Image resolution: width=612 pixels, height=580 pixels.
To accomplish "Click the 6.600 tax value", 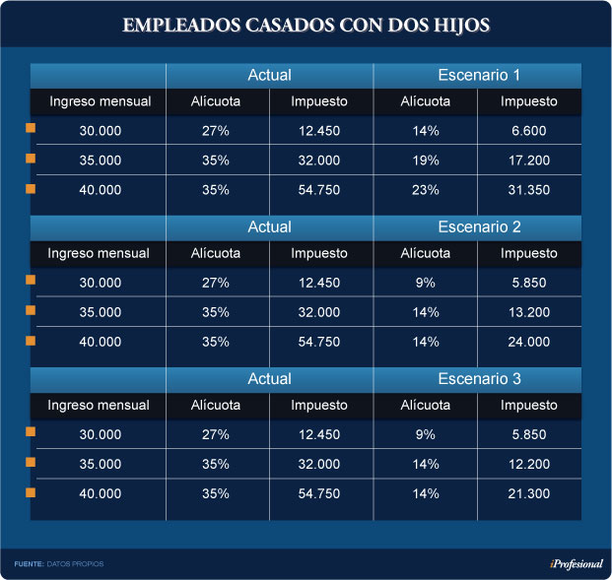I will tap(529, 131).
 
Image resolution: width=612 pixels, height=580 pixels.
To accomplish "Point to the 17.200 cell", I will tap(529, 161).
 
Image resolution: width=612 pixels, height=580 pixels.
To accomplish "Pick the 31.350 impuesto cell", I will tap(529, 190).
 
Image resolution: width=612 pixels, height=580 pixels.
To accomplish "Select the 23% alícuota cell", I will tap(426, 190).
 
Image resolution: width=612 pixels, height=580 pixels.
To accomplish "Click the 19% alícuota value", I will tap(426, 161).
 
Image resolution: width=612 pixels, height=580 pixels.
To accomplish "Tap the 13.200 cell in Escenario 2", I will tap(529, 312).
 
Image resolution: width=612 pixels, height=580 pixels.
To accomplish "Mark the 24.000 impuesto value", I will tap(529, 342).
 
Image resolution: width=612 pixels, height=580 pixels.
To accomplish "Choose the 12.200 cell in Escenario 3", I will tap(529, 464).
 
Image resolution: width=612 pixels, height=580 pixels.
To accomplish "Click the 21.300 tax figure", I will tap(529, 493).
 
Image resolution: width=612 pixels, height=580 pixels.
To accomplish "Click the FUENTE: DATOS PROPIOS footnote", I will tap(58, 563).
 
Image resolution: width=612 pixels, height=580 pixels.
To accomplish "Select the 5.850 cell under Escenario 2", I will tap(529, 283).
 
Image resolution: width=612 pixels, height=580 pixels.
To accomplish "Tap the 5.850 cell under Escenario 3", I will tap(529, 434).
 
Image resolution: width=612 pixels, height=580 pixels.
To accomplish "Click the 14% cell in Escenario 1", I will tap(426, 131).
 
